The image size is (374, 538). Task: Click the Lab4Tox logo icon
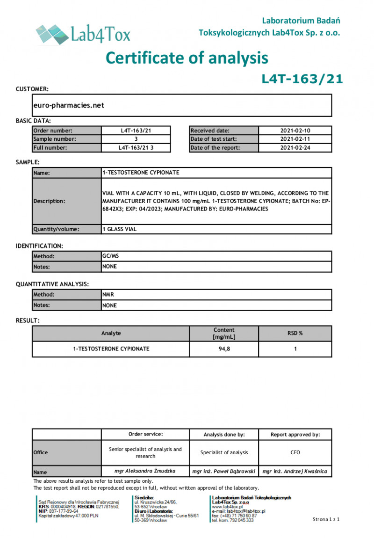tap(51, 33)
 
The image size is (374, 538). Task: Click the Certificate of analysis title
tap(187, 58)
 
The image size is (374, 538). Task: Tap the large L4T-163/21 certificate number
tap(302, 79)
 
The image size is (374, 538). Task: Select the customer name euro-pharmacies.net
tap(69, 105)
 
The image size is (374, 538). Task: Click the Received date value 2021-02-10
tap(295, 131)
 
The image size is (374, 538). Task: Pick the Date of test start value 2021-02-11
tap(295, 139)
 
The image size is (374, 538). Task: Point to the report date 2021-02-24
tap(295, 148)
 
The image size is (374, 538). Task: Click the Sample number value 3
tap(136, 139)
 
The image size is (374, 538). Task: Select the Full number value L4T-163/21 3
tap(136, 148)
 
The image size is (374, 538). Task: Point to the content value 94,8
tap(224, 349)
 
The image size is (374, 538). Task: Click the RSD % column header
tap(295, 333)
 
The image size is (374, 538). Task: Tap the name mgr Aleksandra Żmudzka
tap(145, 472)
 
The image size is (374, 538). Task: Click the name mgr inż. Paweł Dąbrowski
tap(224, 472)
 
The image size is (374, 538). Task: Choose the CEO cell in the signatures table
tap(295, 452)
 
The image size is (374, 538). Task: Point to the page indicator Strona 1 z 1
tap(326, 519)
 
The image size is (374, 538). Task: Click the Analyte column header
tap(111, 333)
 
